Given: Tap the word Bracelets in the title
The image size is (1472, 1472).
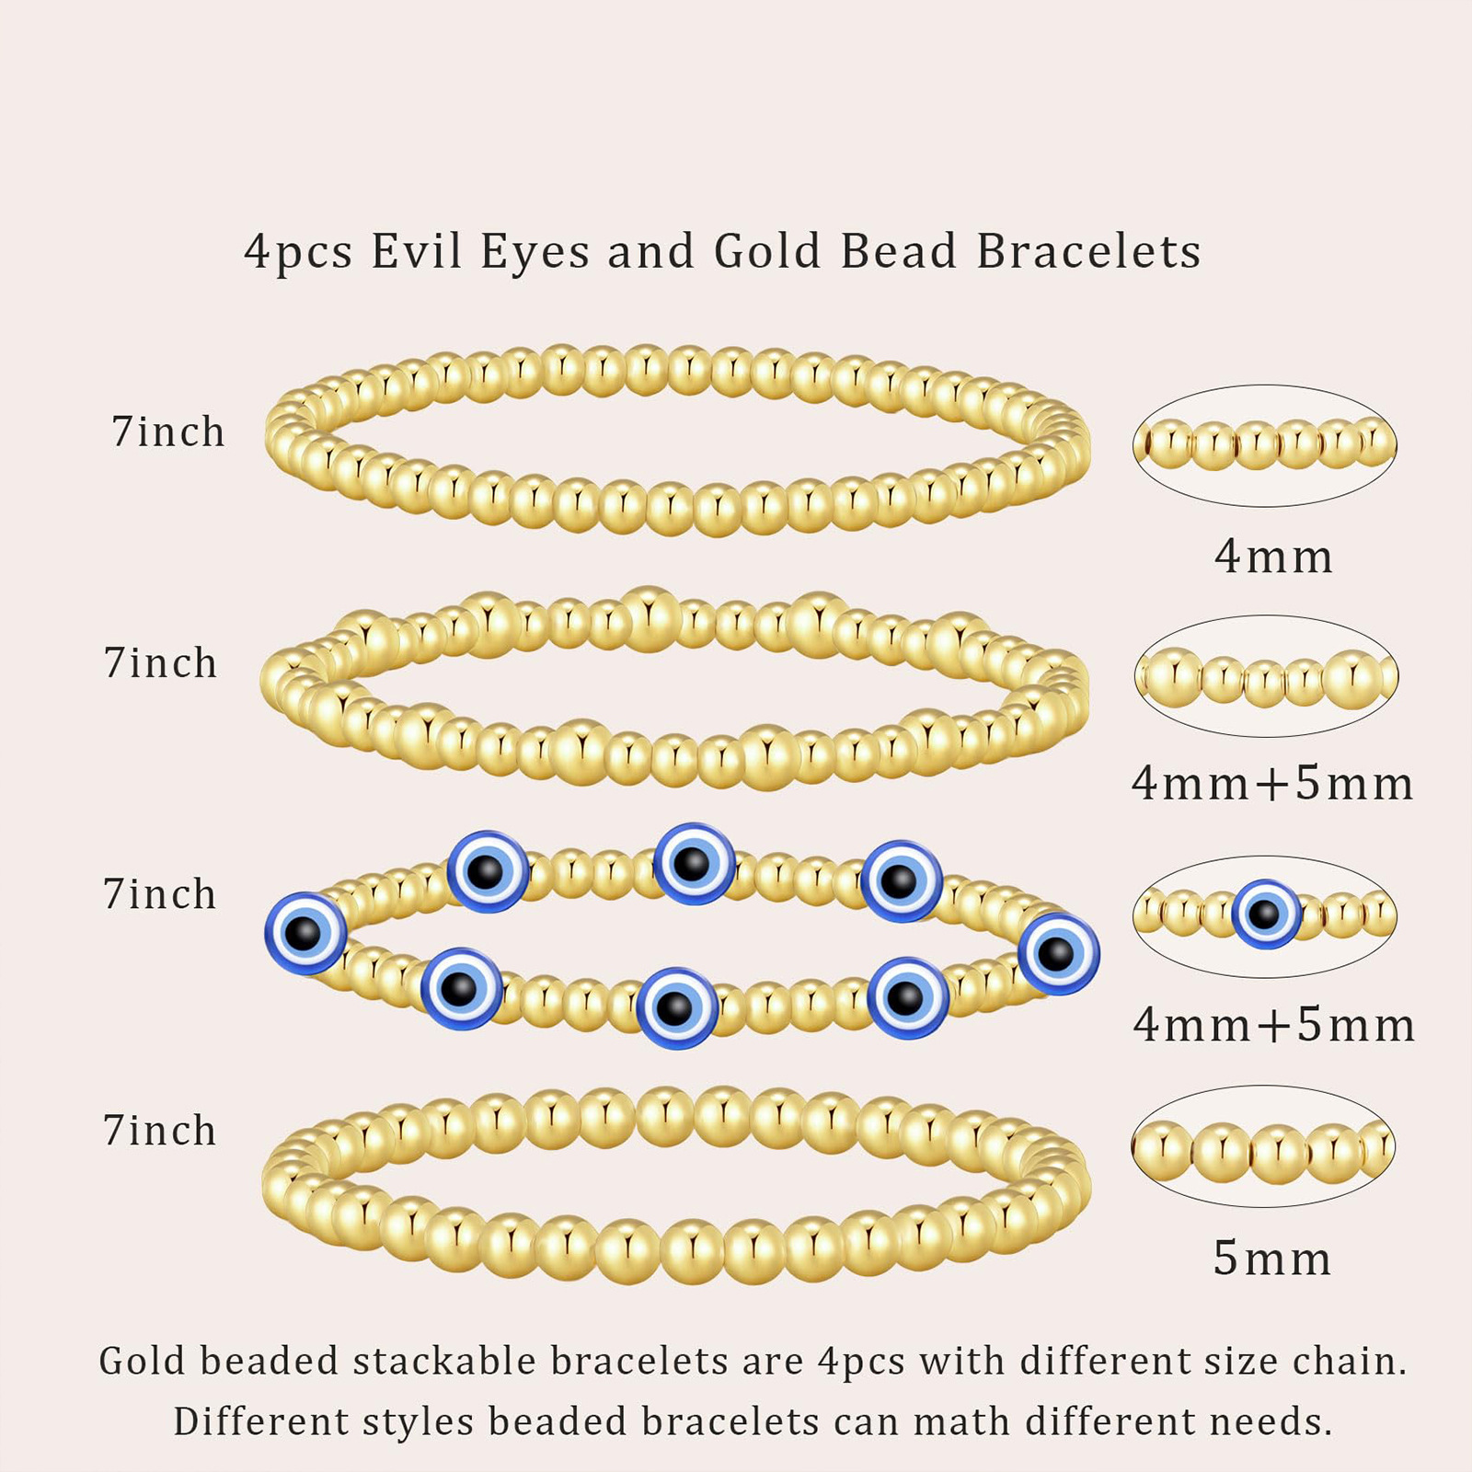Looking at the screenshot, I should coord(1088,251).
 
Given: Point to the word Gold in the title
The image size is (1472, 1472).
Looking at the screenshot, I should coord(767,251).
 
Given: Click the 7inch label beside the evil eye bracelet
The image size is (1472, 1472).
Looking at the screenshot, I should coord(160,894).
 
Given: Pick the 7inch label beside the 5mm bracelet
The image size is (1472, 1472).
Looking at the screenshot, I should coord(160,1131).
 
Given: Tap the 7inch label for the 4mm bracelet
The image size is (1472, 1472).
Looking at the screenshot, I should coord(168,431).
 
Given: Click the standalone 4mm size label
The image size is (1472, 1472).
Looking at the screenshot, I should coord(1273,557).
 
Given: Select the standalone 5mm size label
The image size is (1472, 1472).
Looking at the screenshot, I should coord(1272,1259).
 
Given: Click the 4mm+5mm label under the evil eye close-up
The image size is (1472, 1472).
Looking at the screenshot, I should coord(1273,1025).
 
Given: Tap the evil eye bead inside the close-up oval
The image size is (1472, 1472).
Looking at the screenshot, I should coord(1266,914).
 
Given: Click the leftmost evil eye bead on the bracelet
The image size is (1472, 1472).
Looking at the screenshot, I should coord(305,934).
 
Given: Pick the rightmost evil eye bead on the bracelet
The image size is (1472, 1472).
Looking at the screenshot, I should coord(1058,954).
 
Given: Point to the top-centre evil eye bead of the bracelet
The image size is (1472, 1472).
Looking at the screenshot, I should coord(694,864).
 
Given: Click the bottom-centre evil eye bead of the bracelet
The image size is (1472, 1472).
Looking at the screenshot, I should coord(676,1007).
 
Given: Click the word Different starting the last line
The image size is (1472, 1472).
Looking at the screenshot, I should coord(259,1421).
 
